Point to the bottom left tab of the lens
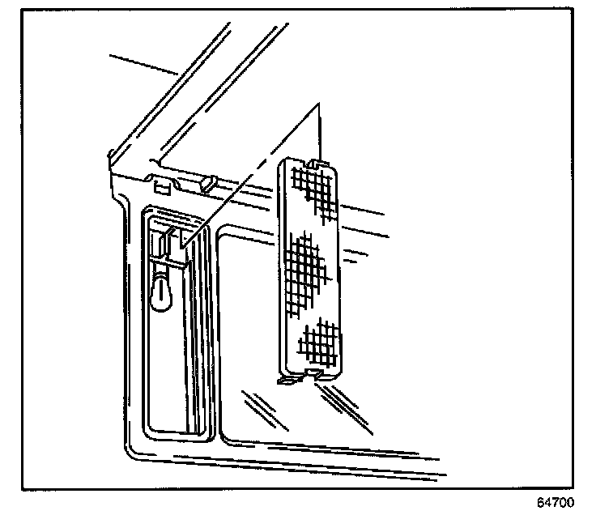pyautogui.click(x=286, y=379)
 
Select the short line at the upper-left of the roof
pyautogui.click(x=143, y=64)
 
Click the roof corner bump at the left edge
pyautogui.click(x=111, y=157)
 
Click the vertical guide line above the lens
pyautogui.click(x=321, y=130)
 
